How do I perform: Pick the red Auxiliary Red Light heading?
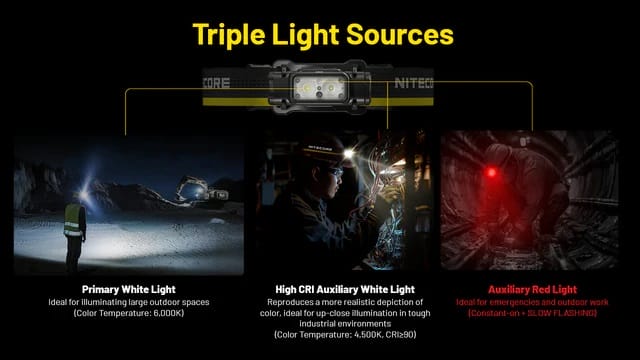tap(525, 290)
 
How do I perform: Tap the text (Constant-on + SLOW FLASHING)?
tap(525, 314)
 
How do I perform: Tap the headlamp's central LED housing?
tap(321, 88)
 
